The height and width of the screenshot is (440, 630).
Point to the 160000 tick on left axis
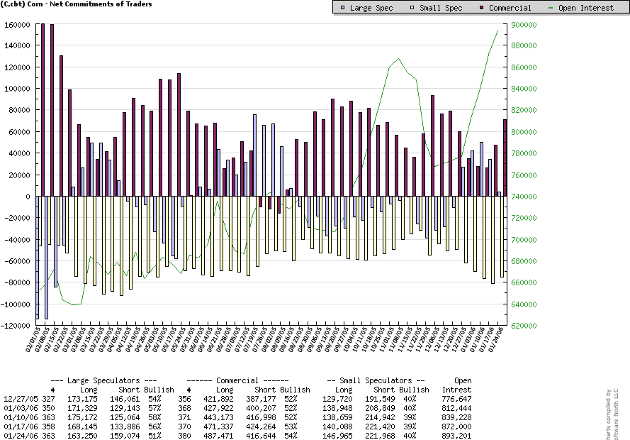coord(18,24)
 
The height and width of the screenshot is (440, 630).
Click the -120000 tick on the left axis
coord(16,326)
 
